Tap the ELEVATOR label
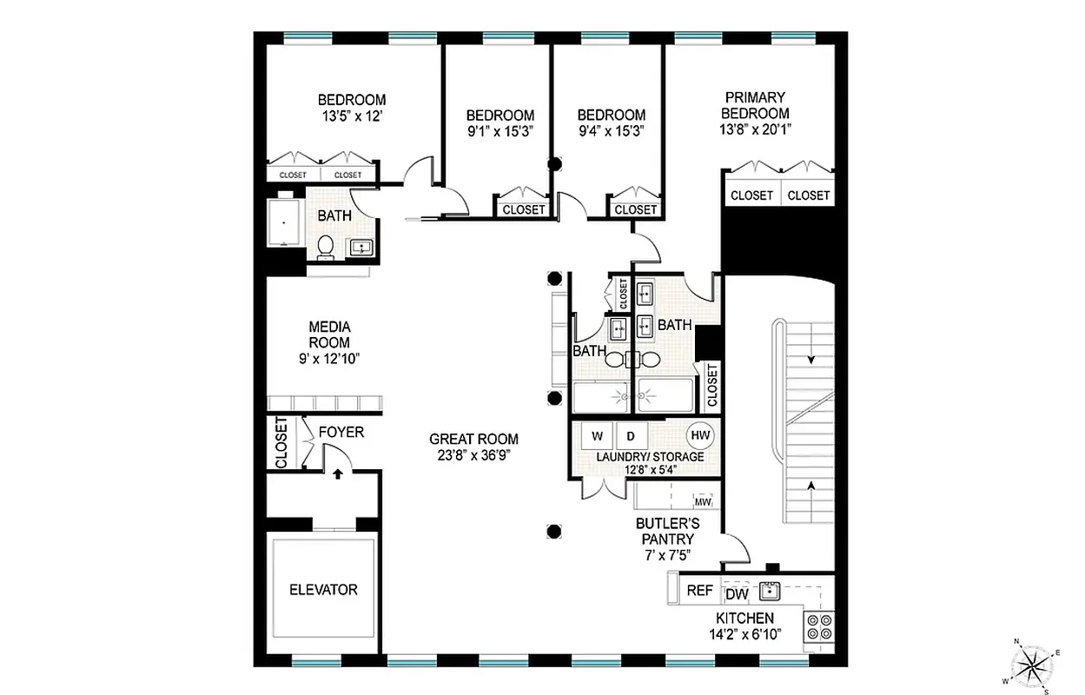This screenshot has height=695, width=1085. tap(323, 590)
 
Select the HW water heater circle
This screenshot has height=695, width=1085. tap(699, 435)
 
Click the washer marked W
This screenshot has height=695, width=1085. tap(598, 435)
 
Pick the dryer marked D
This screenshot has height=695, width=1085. tap(632, 435)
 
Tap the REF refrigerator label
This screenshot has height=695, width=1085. tap(699, 591)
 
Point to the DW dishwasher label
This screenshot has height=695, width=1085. tap(737, 595)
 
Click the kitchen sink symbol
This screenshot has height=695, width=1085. tap(769, 592)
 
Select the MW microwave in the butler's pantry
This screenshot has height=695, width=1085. tap(703, 502)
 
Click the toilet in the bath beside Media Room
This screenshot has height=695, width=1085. tap(326, 246)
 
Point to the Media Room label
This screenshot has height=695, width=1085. tap(329, 334)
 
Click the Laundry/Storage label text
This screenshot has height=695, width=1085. tap(650, 457)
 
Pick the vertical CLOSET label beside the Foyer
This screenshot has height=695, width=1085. tap(281, 443)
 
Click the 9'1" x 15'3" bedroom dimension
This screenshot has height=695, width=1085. tap(499, 130)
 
